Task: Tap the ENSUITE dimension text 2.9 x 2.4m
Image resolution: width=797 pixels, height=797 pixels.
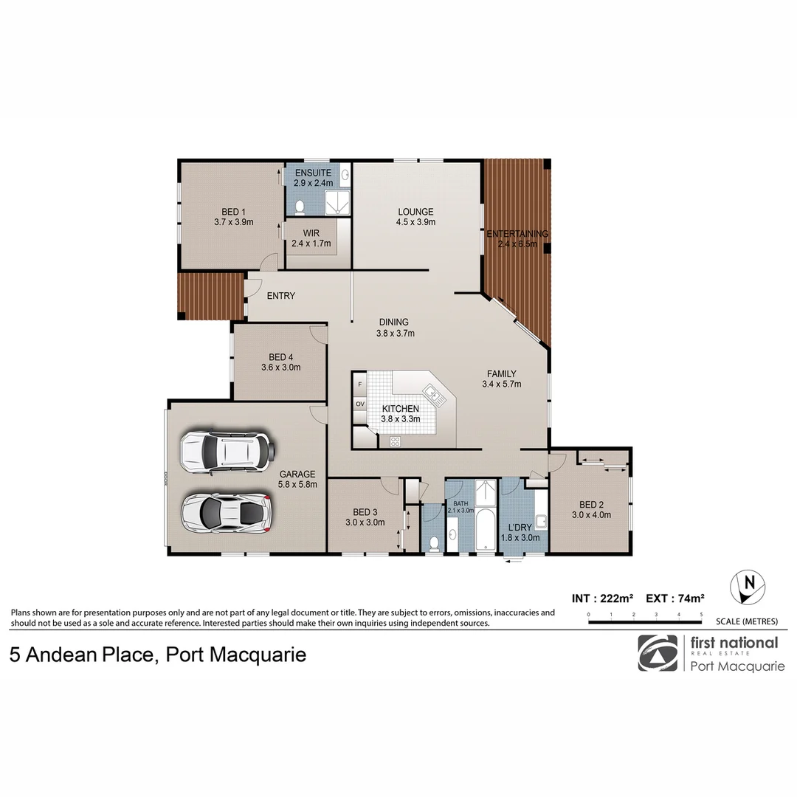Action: click(x=313, y=182)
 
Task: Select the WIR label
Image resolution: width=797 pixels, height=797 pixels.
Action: click(x=311, y=232)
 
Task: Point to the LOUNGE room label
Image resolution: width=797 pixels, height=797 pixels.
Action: click(x=415, y=212)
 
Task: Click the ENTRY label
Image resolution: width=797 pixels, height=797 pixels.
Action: click(x=280, y=296)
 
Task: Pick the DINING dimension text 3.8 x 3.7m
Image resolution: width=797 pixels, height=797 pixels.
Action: click(x=394, y=333)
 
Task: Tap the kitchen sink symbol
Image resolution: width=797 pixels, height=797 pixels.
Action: click(x=433, y=396)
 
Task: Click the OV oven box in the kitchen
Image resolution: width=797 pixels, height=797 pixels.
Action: click(x=360, y=404)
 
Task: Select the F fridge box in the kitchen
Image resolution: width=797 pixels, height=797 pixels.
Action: click(x=360, y=384)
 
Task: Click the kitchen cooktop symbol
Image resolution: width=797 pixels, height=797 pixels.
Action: click(x=395, y=441)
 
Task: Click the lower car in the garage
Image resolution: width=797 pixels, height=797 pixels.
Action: click(x=227, y=511)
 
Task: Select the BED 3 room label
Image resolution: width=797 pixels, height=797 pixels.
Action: click(x=365, y=512)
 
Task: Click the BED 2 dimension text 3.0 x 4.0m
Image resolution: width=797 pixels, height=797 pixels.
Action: click(x=591, y=515)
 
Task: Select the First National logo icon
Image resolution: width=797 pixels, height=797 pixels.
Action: click(x=657, y=653)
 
